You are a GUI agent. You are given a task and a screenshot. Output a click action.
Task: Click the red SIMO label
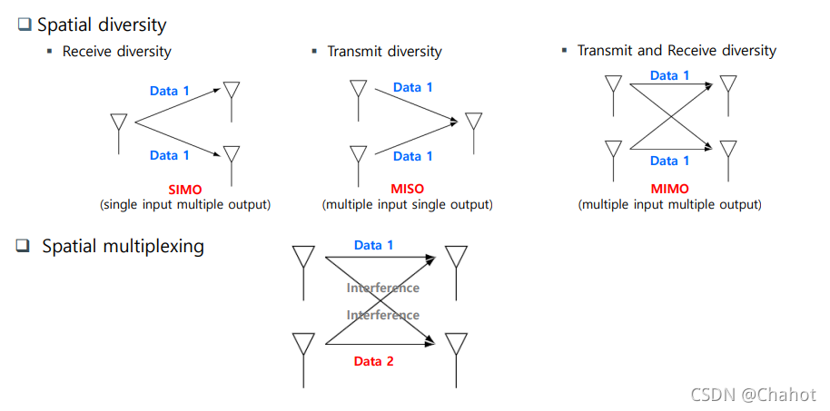pyautogui.click(x=184, y=191)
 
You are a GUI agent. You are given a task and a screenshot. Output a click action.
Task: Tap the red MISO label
pyautogui.click(x=407, y=191)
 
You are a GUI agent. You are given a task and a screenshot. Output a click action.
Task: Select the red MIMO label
pyautogui.click(x=669, y=191)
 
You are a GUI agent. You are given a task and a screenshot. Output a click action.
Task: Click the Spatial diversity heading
pyautogui.click(x=101, y=25)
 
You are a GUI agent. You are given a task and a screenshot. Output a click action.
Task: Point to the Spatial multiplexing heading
pyautogui.click(x=123, y=246)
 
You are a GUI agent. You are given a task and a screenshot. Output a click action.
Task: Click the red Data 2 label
pyautogui.click(x=374, y=361)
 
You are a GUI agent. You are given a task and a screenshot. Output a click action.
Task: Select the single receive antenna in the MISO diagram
pyautogui.click(x=473, y=128)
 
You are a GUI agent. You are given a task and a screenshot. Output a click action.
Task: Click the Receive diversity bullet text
pyautogui.click(x=116, y=52)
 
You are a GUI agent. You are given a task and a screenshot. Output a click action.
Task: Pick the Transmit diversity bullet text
pyautogui.click(x=384, y=52)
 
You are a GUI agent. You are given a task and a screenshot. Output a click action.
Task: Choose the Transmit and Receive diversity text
pyautogui.click(x=677, y=51)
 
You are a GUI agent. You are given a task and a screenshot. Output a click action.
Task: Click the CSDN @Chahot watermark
pyautogui.click(x=753, y=395)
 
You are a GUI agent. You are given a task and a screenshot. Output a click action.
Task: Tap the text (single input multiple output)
pyautogui.click(x=184, y=205)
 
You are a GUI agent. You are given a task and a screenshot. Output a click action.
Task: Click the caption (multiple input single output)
pyautogui.click(x=407, y=205)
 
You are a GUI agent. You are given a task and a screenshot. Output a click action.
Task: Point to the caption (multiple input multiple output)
pyautogui.click(x=669, y=205)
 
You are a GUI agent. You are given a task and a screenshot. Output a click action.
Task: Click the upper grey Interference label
pyautogui.click(x=382, y=288)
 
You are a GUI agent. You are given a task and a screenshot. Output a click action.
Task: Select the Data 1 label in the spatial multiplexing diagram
pyautogui.click(x=374, y=245)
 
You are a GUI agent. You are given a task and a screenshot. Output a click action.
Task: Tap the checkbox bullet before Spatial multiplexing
pyautogui.click(x=24, y=246)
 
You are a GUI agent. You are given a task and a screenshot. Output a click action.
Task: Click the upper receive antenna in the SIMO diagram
pyautogui.click(x=232, y=96)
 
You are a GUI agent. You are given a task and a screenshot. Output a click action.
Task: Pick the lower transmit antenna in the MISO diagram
pyautogui.click(x=359, y=160)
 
